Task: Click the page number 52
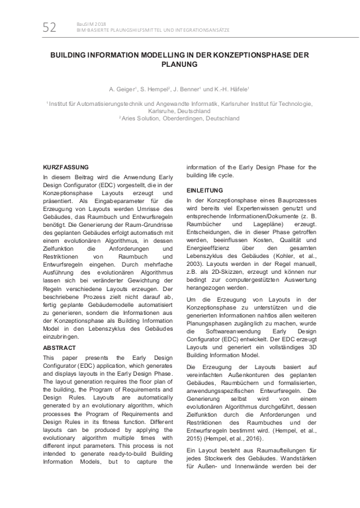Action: point(50,27)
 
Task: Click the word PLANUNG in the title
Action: point(179,65)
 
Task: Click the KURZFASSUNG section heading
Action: point(65,169)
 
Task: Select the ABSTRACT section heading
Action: point(60,347)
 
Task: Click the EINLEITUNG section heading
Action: point(204,190)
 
